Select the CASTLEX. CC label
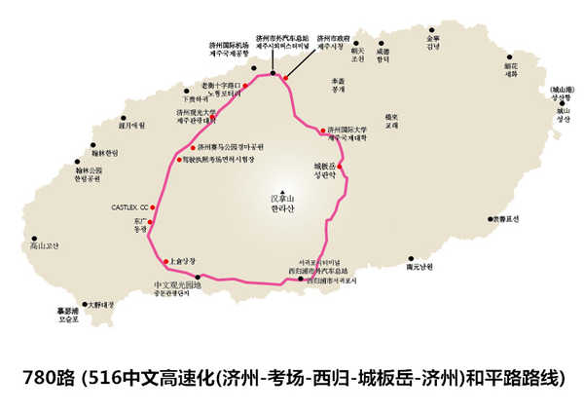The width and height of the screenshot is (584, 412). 130,208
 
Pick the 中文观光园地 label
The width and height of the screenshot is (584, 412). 178,285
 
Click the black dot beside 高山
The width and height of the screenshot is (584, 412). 34,238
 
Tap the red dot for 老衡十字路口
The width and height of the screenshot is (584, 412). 246,86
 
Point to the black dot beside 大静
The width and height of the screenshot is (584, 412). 86,304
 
